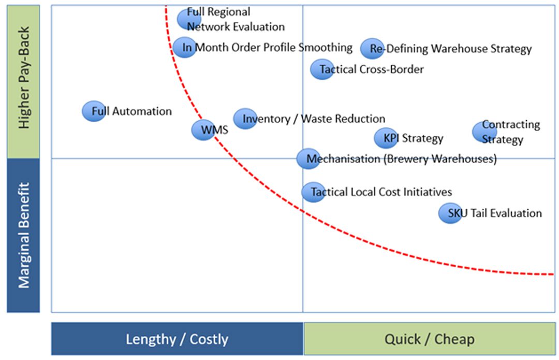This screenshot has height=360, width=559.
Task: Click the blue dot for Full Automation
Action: click(94, 111)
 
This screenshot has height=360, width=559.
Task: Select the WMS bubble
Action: click(203, 130)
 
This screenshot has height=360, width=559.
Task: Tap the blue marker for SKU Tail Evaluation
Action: click(450, 213)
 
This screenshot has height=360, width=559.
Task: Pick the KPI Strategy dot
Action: click(386, 138)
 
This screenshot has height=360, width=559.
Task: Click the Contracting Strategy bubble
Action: click(484, 132)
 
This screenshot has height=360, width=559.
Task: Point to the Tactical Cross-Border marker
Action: click(322, 69)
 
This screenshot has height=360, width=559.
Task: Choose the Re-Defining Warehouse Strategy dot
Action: click(372, 49)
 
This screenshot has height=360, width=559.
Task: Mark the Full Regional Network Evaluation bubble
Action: click(189, 19)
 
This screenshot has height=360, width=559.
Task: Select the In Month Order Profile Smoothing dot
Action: click(185, 48)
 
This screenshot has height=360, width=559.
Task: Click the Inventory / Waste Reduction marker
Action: click(245, 119)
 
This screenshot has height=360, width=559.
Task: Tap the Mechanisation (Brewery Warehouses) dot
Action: click(308, 159)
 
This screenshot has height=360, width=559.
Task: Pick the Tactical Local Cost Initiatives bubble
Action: click(313, 192)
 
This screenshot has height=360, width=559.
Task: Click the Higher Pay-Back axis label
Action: click(24, 77)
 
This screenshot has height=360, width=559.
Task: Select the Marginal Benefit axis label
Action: click(24, 235)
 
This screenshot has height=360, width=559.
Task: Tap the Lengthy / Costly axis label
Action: click(177, 339)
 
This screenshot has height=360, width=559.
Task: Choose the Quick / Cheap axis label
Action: click(429, 339)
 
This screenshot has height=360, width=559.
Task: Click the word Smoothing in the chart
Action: click(326, 48)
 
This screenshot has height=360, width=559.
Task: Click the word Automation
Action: click(142, 111)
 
